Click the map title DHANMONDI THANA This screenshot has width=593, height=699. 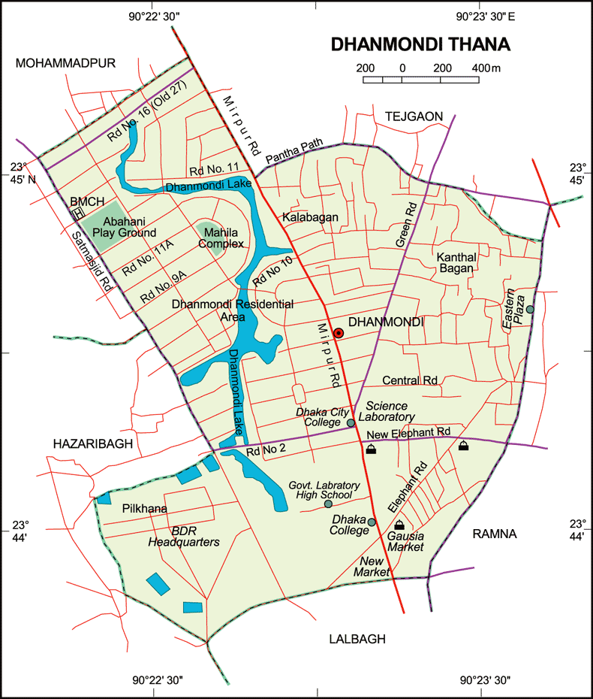point(420,44)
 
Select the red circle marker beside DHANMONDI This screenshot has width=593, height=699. point(339,333)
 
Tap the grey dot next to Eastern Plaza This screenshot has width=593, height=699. point(530,309)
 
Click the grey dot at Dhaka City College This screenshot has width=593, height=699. point(351,423)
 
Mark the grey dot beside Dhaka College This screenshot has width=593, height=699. point(371,522)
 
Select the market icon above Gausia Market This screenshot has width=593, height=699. point(399,525)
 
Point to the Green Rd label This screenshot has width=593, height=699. point(405,224)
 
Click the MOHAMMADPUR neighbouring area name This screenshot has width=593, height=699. point(65,63)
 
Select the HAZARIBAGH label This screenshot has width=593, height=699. point(93,444)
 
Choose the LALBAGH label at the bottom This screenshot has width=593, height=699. point(357,639)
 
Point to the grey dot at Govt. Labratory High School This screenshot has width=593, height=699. point(328,503)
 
